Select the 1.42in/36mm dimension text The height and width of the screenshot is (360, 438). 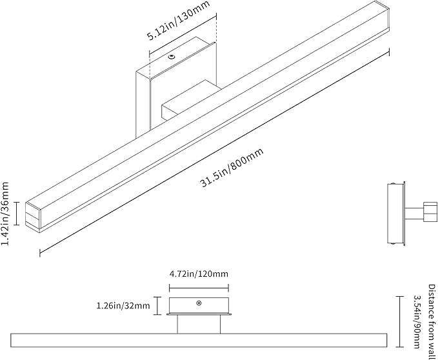(6, 214)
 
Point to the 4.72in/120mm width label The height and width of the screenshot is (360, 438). (199, 274)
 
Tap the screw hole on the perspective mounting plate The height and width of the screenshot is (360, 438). (172, 58)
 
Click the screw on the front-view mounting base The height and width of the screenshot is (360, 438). (199, 303)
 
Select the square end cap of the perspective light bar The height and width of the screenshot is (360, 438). (34, 216)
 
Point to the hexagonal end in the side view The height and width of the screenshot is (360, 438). (428, 209)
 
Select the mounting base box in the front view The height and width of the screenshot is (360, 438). (199, 306)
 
